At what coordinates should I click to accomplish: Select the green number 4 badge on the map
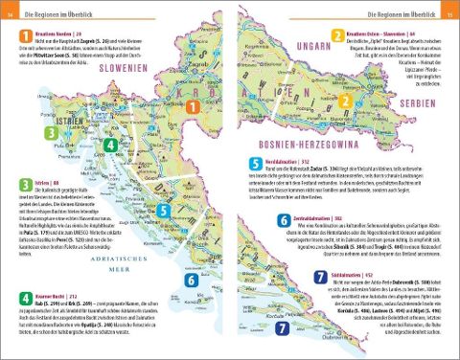coord(112,146)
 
